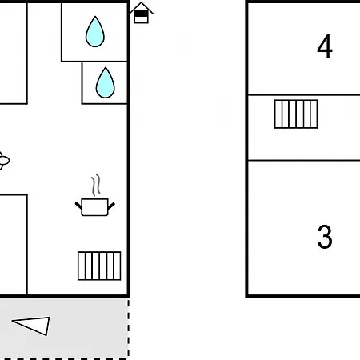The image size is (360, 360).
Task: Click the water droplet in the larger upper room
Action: (95, 33)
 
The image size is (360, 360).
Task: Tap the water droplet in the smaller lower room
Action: (106, 83)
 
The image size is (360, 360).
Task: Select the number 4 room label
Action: (325, 46)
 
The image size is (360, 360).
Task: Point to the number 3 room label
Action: (325, 237)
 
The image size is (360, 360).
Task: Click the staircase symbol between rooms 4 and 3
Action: (296, 114)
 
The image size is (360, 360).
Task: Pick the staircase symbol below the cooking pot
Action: (99, 266)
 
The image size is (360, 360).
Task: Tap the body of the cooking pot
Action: (95, 207)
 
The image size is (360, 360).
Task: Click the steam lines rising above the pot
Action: (96, 186)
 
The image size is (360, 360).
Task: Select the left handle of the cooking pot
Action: (78, 206)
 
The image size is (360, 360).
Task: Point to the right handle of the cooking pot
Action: (111, 206)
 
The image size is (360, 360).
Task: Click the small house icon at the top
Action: (142, 13)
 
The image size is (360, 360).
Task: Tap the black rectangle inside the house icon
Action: (141, 14)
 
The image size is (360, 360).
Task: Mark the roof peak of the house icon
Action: (142, 2)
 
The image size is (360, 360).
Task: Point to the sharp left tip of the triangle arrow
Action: (12, 321)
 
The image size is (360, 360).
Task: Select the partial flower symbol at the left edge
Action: (4, 161)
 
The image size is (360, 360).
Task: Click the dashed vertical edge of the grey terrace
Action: (129, 328)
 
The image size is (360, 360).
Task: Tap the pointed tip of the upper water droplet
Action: (95, 17)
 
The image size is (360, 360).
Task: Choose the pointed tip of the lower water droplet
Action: (106, 68)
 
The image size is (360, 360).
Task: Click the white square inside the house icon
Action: (141, 20)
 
